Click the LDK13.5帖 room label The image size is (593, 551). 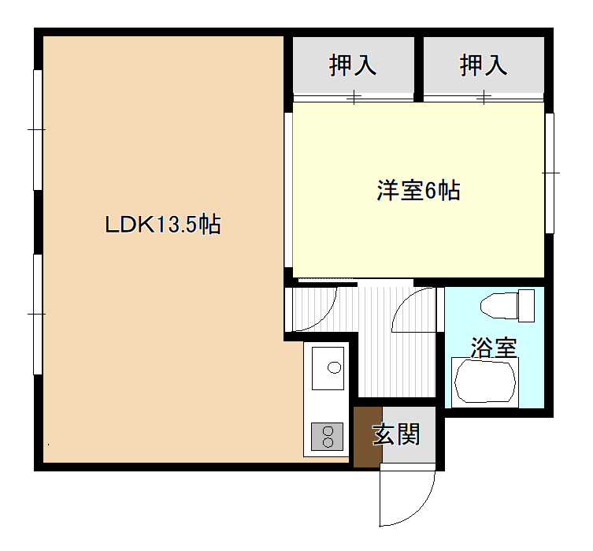coord(162,225)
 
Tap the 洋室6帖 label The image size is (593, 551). coord(418,190)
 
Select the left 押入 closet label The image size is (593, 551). coord(353,65)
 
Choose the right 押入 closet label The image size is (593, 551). coord(483,65)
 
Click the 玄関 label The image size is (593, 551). coord(396,434)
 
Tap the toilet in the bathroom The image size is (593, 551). coord(507,305)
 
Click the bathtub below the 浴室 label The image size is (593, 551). coord(485,382)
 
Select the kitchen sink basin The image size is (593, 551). coord(328,368)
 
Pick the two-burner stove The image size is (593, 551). coord(327,437)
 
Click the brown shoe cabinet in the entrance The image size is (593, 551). coord(368,437)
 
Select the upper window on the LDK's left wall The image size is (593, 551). coord(38,130)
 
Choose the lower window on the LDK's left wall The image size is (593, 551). coord(38,314)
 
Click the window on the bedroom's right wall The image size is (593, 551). coord(550,173)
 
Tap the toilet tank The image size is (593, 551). coord(526,306)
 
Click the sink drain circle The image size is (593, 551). coord(335,367)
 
